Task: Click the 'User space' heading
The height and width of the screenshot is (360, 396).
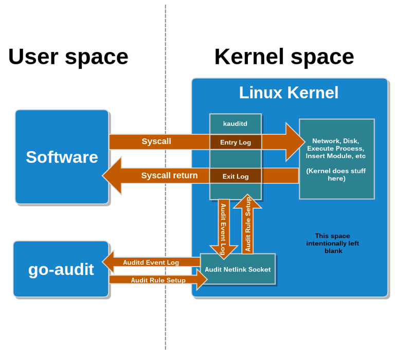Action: click(x=68, y=58)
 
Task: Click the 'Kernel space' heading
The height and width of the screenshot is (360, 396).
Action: click(x=284, y=58)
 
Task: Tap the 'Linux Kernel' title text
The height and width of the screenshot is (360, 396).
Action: click(x=289, y=93)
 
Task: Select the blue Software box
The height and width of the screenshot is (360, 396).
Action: click(x=62, y=157)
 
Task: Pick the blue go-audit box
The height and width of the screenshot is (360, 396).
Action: click(x=61, y=269)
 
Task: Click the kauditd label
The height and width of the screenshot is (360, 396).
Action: click(x=235, y=124)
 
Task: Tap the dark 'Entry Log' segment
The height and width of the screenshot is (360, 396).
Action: click(x=236, y=142)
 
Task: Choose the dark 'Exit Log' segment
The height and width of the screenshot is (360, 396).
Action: click(x=236, y=176)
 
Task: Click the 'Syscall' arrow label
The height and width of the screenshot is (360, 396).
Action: click(x=156, y=141)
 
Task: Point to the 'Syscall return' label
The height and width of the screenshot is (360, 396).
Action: click(x=170, y=175)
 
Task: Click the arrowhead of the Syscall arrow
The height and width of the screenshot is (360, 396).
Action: click(x=295, y=142)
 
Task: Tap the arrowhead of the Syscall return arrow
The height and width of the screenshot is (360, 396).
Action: click(x=112, y=175)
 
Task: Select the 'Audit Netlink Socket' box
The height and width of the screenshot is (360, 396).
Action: click(x=238, y=269)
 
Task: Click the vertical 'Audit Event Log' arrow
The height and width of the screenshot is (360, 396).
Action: click(x=224, y=229)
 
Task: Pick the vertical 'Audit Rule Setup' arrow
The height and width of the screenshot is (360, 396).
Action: click(x=247, y=224)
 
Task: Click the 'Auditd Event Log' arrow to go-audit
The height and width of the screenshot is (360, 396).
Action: click(x=151, y=262)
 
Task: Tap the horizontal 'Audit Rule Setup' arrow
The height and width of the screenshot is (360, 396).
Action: click(x=158, y=280)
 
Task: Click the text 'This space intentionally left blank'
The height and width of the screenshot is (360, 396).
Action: click(x=333, y=243)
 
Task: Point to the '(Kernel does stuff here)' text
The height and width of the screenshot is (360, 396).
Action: click(x=336, y=174)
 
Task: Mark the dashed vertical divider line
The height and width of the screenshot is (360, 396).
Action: click(x=166, y=177)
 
